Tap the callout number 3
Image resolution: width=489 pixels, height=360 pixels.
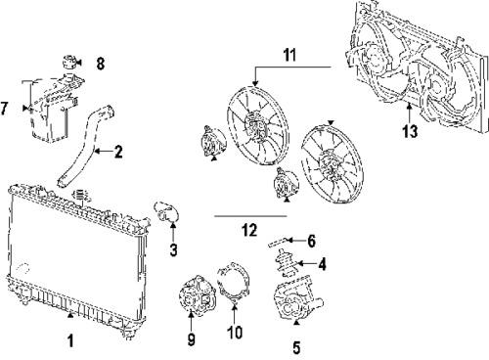(x=172, y=250)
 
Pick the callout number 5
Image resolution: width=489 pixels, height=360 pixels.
(x=297, y=344)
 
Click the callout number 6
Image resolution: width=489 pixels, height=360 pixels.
(x=311, y=240)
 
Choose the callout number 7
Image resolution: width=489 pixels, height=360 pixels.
(x=7, y=108)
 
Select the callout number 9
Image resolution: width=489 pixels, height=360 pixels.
(x=191, y=338)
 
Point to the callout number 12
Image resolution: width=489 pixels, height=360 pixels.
(x=249, y=230)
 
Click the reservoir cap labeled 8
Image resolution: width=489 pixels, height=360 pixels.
(x=70, y=61)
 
